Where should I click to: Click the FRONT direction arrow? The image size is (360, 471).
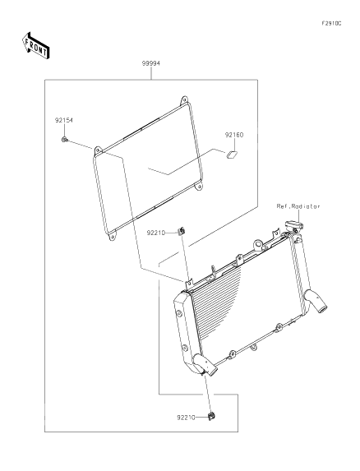click(35, 46)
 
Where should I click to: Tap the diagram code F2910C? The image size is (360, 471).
click(331, 24)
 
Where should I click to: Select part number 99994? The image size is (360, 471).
click(151, 63)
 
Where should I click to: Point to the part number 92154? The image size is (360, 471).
click(64, 121)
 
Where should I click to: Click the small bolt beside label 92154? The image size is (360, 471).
click(64, 140)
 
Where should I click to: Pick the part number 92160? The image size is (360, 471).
click(234, 135)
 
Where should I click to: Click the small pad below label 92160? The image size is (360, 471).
click(231, 155)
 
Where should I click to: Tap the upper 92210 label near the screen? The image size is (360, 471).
click(156, 233)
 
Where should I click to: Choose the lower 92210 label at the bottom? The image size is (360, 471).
click(186, 418)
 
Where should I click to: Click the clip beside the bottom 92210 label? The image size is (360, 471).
click(212, 416)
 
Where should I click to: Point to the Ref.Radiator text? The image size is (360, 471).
click(298, 206)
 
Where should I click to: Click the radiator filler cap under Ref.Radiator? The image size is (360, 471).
click(294, 224)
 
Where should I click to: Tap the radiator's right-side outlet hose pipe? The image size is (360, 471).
click(316, 302)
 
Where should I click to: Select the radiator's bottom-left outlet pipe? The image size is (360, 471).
click(205, 364)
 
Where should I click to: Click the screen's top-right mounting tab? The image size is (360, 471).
click(184, 100)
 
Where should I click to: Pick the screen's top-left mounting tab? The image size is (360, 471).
click(97, 150)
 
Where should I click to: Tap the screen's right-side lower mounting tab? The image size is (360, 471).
click(198, 187)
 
